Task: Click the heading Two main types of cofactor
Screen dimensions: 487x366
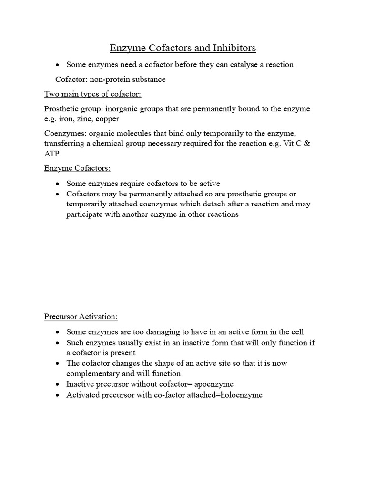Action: (x=92, y=94)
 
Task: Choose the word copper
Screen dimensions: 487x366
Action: (x=108, y=119)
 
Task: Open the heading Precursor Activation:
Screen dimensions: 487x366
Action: (x=81, y=317)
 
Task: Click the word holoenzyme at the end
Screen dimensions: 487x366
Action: (x=238, y=395)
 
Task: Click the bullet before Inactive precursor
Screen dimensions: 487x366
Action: (x=57, y=384)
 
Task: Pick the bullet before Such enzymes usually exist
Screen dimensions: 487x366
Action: (x=57, y=343)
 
